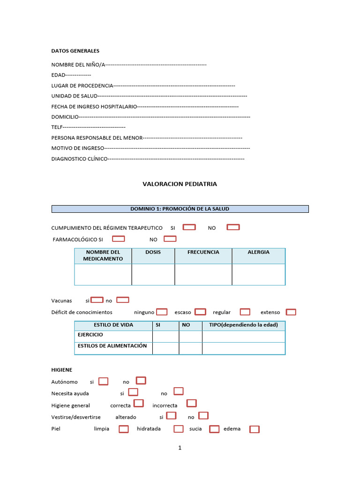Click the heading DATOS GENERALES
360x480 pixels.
[x=75, y=51]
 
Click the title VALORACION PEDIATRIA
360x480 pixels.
[x=180, y=184]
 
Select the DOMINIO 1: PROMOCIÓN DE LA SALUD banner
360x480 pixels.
[x=180, y=209]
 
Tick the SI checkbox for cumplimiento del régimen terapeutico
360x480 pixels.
[x=189, y=227]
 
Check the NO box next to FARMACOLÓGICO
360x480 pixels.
[x=170, y=239]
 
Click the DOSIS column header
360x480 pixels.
[x=153, y=252]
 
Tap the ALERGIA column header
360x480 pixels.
[x=258, y=252]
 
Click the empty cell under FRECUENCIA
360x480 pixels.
[x=203, y=274]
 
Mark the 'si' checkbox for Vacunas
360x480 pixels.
[x=97, y=300]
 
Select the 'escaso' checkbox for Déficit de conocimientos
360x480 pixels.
[x=200, y=312]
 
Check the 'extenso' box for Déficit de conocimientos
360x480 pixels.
[x=291, y=312]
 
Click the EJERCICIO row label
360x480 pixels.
[x=90, y=335]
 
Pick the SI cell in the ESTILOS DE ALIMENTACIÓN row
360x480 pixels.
[x=165, y=348]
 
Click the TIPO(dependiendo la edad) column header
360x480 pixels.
[x=243, y=325]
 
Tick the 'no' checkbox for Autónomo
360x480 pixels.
[x=141, y=381]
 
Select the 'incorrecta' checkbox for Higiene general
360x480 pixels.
[x=191, y=404]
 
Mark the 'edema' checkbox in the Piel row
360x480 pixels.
[x=254, y=429]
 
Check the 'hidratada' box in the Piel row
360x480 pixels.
[x=178, y=429]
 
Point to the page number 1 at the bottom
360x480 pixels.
[x=180, y=448]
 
